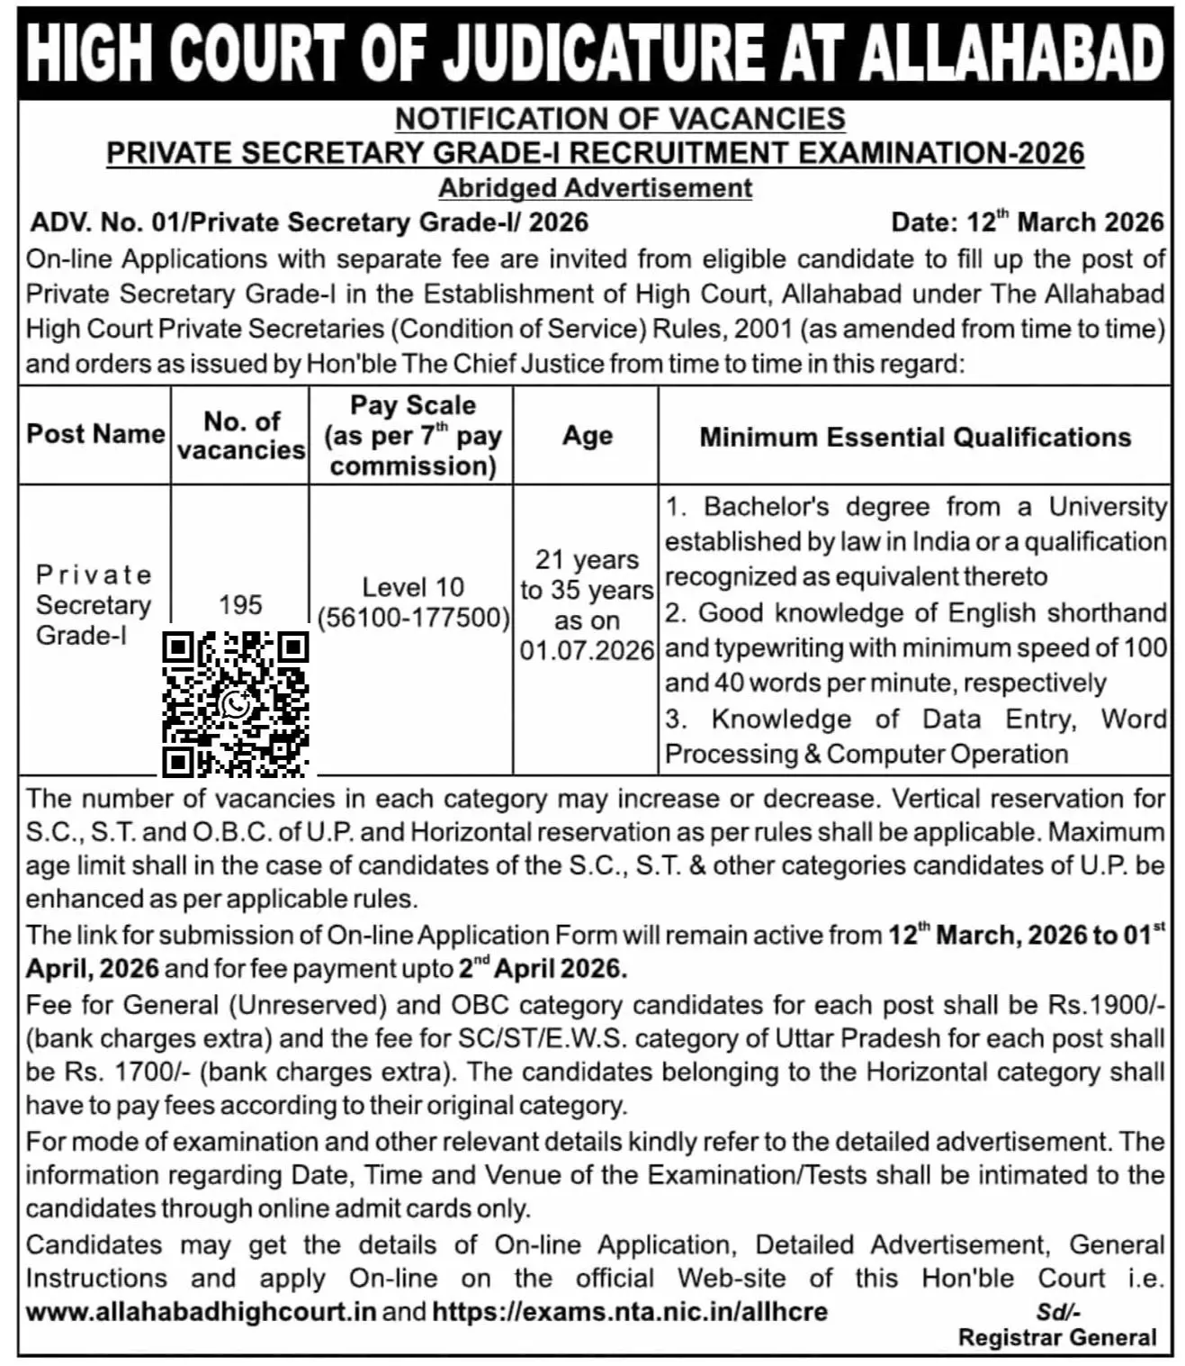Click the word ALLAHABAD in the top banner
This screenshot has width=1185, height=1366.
pyautogui.click(x=1011, y=54)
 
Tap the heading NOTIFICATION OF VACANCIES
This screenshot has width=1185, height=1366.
pyautogui.click(x=620, y=119)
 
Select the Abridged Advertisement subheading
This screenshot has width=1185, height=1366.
pyautogui.click(x=595, y=188)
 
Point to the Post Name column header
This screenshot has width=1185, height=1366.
pyautogui.click(x=95, y=434)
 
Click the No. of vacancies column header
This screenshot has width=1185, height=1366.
pyautogui.click(x=241, y=435)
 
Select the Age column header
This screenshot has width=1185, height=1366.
pyautogui.click(x=587, y=436)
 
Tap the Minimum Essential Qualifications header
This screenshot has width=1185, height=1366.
pyautogui.click(x=915, y=438)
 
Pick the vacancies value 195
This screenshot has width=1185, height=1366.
pyautogui.click(x=240, y=604)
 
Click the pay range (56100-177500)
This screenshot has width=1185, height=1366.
pyautogui.click(x=413, y=618)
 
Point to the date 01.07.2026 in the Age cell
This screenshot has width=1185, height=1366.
pyautogui.click(x=587, y=650)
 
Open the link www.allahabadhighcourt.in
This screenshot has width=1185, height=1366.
pyautogui.click(x=201, y=1311)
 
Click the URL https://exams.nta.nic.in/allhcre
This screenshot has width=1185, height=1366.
pyautogui.click(x=630, y=1311)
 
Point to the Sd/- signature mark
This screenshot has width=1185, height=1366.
pyautogui.click(x=1058, y=1312)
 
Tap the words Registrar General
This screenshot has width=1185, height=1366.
pyautogui.click(x=1057, y=1338)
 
